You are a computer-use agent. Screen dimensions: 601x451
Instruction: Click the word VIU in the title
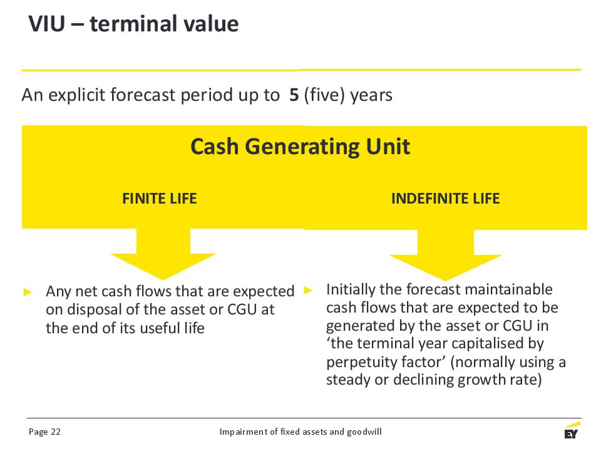(47, 24)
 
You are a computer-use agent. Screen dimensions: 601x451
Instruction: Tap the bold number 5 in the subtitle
(294, 95)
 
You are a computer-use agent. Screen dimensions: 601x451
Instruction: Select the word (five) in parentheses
(324, 95)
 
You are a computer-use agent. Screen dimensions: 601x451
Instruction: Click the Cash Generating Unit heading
(300, 147)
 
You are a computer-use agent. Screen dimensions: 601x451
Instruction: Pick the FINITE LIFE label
(160, 199)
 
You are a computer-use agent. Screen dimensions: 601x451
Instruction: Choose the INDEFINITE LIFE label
(445, 199)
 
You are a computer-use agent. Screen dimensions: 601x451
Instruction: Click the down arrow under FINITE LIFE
(163, 254)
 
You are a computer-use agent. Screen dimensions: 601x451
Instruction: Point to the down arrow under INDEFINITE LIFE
(445, 255)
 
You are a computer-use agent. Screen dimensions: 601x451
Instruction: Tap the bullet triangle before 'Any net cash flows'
(28, 293)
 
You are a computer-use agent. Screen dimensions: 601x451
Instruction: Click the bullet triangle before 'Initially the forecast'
(308, 290)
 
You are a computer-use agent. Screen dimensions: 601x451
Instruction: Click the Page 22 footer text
(44, 432)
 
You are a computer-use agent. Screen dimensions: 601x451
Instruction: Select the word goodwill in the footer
(364, 432)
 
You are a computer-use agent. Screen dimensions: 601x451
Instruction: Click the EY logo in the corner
(571, 430)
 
